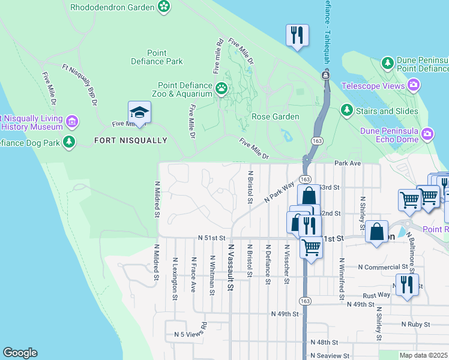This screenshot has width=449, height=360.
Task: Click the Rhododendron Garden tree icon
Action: coord(163,7)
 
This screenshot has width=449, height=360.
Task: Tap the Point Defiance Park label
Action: coord(157,57)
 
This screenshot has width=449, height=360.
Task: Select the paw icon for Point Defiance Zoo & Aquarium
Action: coord(221,89)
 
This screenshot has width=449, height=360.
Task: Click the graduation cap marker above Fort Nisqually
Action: coord(139,112)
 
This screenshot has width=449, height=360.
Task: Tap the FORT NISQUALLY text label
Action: coord(130,140)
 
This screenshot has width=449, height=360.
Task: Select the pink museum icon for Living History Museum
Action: coord(71,122)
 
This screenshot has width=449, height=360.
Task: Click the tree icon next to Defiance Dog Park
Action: coord(70,142)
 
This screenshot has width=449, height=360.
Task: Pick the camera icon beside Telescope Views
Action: coord(413,86)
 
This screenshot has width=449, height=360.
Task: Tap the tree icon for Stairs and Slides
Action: coord(346,110)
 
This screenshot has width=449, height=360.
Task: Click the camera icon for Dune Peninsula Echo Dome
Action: coord(427,133)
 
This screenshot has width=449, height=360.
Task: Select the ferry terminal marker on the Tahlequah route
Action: coord(325,75)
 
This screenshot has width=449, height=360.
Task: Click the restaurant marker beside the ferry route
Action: coord(297,35)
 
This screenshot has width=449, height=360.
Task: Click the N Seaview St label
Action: coord(329,355)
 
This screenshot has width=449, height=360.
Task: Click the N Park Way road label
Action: coord(280,192)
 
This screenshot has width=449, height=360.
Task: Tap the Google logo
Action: coord(20,353)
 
